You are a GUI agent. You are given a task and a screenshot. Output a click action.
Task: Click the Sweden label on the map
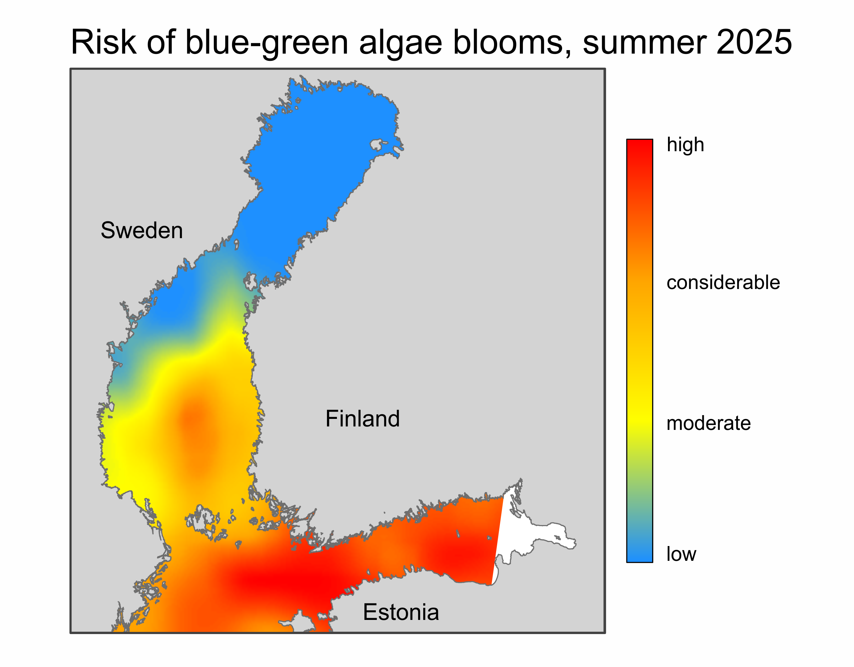pyautogui.click(x=142, y=230)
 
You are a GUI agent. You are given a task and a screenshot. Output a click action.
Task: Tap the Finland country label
pyautogui.click(x=362, y=419)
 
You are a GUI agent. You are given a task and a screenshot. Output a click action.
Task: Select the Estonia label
pyautogui.click(x=401, y=612)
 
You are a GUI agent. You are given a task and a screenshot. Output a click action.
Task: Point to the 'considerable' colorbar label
pyautogui.click(x=723, y=282)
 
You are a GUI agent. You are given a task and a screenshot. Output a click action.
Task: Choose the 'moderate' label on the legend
pyautogui.click(x=709, y=423)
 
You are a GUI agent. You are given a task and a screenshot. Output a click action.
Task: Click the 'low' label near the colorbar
pyautogui.click(x=681, y=554)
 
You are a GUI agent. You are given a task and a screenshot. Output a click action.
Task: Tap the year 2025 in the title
pyautogui.click(x=754, y=42)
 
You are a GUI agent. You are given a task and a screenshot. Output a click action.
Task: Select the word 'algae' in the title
pyautogui.click(x=401, y=44)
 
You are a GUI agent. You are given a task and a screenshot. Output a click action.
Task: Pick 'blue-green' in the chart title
pyautogui.click(x=267, y=44)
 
